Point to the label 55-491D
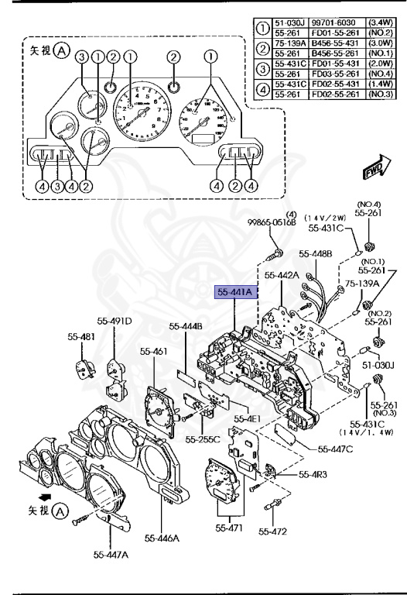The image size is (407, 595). (x=115, y=322)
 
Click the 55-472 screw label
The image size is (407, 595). (x=273, y=531)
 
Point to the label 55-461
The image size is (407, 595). (x=154, y=351)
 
